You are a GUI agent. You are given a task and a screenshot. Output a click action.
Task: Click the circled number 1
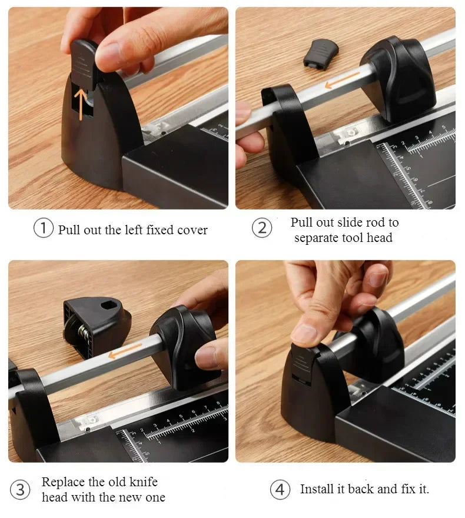coord(44,228)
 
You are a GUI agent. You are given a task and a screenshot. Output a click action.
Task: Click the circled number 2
coord(263,228)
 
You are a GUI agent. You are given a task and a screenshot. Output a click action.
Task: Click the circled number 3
coord(21,489)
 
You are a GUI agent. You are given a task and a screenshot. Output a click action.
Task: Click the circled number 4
coord(280,489)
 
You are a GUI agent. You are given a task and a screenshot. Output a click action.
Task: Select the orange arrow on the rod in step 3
coord(123,352)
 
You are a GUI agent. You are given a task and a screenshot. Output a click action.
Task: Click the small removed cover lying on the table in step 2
coord(321,54)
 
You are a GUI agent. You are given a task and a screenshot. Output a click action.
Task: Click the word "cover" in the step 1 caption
coord(191,230)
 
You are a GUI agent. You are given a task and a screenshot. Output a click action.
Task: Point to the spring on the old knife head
coord(84,333)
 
